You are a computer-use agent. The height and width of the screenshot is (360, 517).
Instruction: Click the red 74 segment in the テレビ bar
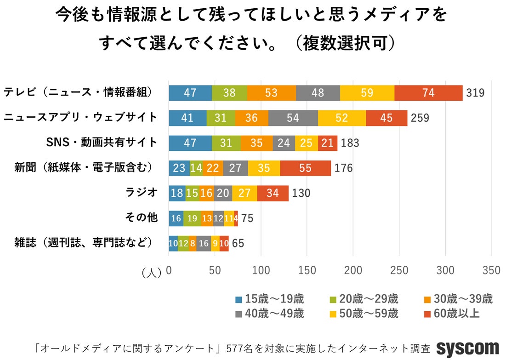pyautogui.click(x=428, y=93)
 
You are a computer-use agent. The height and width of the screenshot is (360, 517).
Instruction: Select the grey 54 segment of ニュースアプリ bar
pyautogui.click(x=293, y=118)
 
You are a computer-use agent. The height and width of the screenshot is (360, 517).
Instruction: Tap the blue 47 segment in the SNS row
pyautogui.click(x=190, y=143)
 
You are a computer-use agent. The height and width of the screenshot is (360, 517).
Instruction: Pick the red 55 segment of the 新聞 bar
pyautogui.click(x=305, y=168)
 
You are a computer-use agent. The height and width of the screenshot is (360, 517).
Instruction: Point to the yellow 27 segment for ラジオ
pyautogui.click(x=244, y=193)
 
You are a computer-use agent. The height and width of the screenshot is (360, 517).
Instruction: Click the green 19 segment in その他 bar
pyautogui.click(x=192, y=218)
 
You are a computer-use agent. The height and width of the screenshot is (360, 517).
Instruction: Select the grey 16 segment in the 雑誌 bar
pyautogui.click(x=204, y=243)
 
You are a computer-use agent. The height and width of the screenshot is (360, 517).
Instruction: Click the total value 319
pyautogui.click(x=475, y=93)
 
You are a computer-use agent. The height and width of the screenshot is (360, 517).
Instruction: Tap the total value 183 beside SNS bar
pyautogui.click(x=350, y=143)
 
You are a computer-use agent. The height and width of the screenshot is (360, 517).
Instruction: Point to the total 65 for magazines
pyautogui.click(x=238, y=243)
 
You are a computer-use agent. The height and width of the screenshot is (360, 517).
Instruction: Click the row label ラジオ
pyautogui.click(x=142, y=193)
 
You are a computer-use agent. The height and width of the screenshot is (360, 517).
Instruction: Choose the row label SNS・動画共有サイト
pyautogui.click(x=102, y=143)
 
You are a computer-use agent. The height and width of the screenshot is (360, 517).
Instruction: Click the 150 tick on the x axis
pyautogui.click(x=307, y=271)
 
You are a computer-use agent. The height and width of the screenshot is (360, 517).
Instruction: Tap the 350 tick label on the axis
pyautogui.click(x=491, y=271)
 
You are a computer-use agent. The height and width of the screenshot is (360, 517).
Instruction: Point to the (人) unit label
pyautogui.click(x=151, y=272)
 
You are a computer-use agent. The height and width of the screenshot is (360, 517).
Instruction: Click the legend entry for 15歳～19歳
pyautogui.click(x=270, y=299)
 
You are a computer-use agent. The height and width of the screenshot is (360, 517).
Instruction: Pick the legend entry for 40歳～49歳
pyautogui.click(x=270, y=314)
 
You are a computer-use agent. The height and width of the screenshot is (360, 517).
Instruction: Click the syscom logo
pyautogui.click(x=467, y=348)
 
